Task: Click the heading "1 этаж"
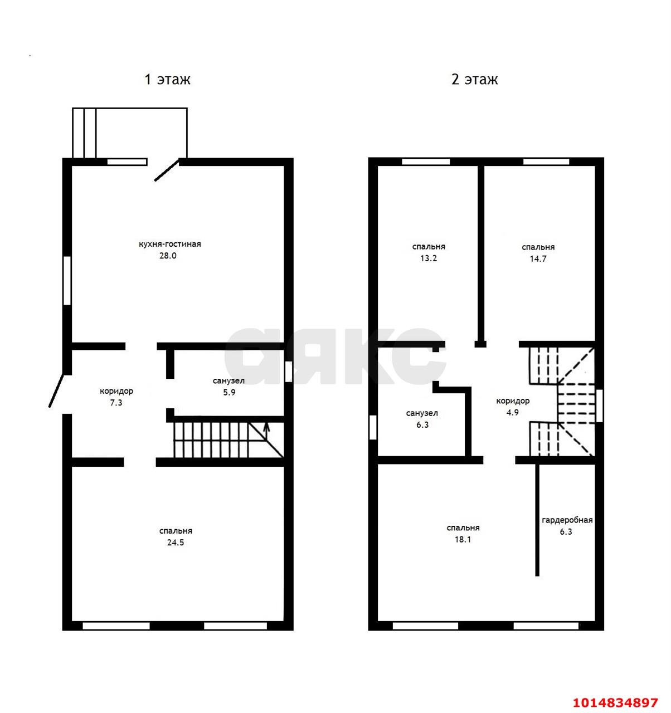coord(167,79)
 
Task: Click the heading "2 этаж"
coord(474,79)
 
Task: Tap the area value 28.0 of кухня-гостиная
coord(168,256)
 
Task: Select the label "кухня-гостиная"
coord(169,244)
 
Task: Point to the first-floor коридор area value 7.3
coord(116,403)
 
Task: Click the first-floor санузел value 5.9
coord(229,392)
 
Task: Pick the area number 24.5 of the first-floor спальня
coord(176,543)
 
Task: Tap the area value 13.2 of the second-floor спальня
coord(429,258)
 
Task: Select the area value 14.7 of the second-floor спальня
coord(538,259)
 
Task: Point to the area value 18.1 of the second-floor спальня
coord(463,539)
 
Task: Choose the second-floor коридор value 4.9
coord(512,413)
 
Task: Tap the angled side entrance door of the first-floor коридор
coord(56,390)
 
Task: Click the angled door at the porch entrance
coord(167,169)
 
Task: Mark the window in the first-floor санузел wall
coord(288,372)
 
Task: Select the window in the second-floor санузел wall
coord(373,427)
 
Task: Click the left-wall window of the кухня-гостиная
coord(67,280)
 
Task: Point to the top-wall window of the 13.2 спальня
coord(426,162)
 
